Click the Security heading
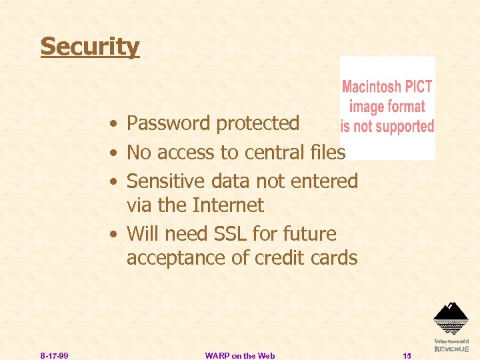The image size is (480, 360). tap(90, 47)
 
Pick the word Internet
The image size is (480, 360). tap(227, 205)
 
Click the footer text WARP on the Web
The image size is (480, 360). tap(240, 355)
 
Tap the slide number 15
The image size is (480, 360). tap(407, 355)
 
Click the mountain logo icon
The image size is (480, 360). tap(451, 317)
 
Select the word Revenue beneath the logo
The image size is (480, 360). tap(451, 349)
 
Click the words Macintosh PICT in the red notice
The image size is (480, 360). tap(387, 87)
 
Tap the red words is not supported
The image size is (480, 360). tap(387, 126)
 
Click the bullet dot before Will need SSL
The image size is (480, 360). tap(116, 235)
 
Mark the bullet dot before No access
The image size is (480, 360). tap(116, 153)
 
